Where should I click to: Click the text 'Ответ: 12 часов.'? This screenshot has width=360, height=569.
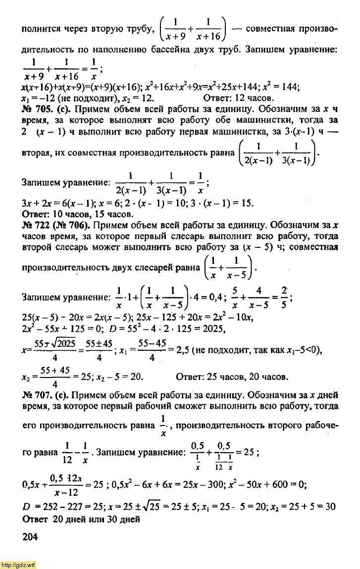pyautogui.click(x=239, y=97)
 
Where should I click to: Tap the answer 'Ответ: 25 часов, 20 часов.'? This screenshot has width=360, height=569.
pyautogui.click(x=232, y=377)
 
